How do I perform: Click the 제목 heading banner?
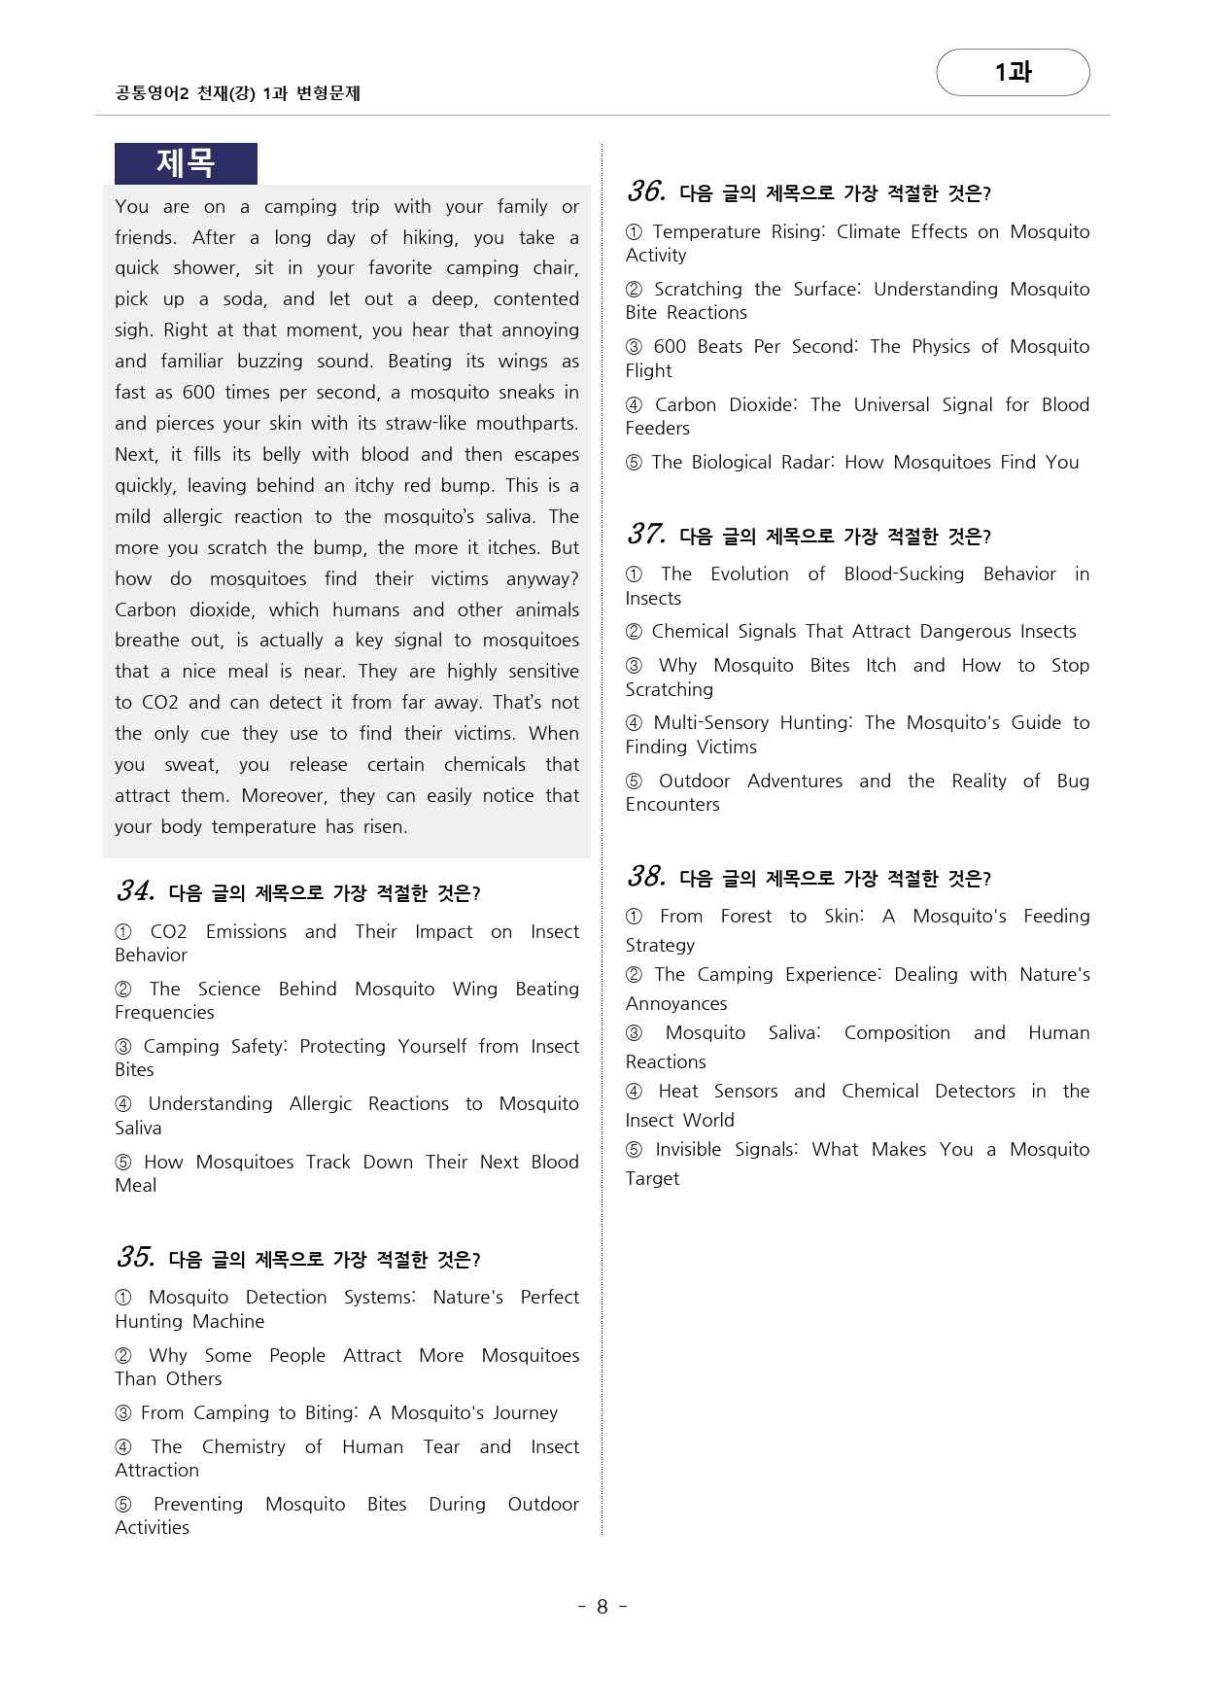(185, 163)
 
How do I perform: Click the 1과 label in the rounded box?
(1013, 72)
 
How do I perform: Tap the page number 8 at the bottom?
(602, 1607)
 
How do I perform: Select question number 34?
(135, 890)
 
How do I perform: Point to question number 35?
(135, 1257)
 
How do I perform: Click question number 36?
(646, 191)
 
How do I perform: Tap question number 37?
(646, 534)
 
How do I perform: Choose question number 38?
(646, 876)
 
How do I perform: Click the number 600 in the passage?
(198, 392)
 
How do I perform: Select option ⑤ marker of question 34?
(123, 1162)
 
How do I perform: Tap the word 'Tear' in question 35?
(441, 1446)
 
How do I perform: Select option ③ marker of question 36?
(635, 347)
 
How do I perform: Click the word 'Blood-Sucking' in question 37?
(904, 573)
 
